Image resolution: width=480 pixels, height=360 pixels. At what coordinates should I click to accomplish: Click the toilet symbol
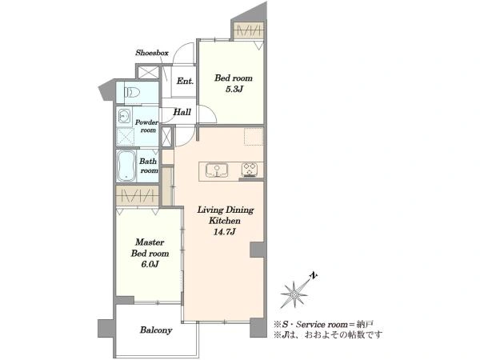tap(132, 92)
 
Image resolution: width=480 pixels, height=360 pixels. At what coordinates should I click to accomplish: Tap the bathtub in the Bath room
tap(126, 166)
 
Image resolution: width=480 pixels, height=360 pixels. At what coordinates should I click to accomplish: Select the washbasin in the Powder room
tap(124, 116)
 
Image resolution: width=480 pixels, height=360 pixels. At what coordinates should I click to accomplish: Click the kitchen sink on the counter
tap(217, 171)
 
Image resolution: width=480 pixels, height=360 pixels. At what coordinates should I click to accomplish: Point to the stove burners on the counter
tap(250, 170)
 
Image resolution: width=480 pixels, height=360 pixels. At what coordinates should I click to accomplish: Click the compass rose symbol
tap(294, 294)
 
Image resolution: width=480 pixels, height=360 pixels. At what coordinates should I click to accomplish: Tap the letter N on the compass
tap(314, 275)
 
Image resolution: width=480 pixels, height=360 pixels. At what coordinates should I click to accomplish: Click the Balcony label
tap(156, 330)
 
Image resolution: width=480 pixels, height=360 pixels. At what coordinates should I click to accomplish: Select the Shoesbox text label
tap(152, 53)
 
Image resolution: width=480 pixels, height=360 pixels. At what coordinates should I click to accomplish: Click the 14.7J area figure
tap(224, 232)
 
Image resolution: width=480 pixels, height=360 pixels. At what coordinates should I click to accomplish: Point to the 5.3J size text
tap(234, 89)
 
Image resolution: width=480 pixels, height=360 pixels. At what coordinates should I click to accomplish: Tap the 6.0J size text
tap(150, 264)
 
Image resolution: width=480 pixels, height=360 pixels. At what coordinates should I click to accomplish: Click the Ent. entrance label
tap(186, 81)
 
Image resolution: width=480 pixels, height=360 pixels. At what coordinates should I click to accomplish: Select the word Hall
tap(182, 112)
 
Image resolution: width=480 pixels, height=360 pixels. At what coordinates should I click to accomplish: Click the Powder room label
tap(147, 126)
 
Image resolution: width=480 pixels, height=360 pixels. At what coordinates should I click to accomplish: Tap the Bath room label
tap(149, 166)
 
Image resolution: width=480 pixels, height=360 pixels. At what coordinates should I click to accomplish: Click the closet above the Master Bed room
tap(138, 195)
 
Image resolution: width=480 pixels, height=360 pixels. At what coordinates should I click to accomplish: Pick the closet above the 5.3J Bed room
tap(248, 30)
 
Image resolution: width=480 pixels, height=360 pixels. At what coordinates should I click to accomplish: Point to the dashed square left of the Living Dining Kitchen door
tap(166, 137)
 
